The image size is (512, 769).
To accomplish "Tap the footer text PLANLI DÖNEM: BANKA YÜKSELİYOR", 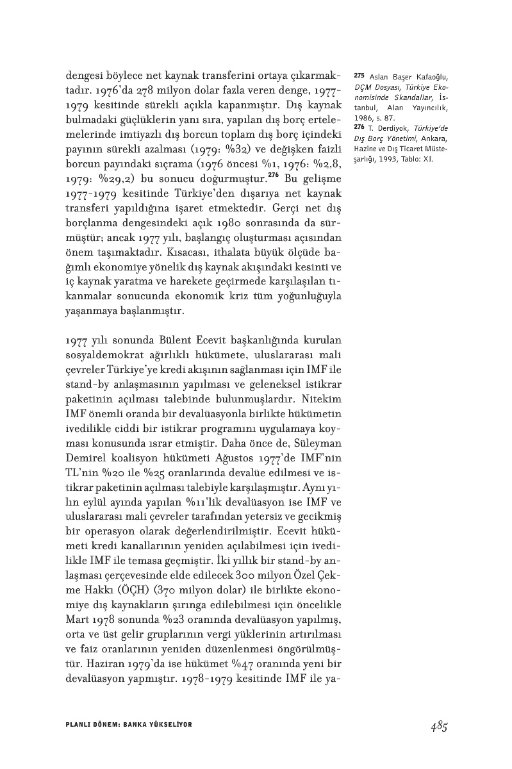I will click(129, 725).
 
